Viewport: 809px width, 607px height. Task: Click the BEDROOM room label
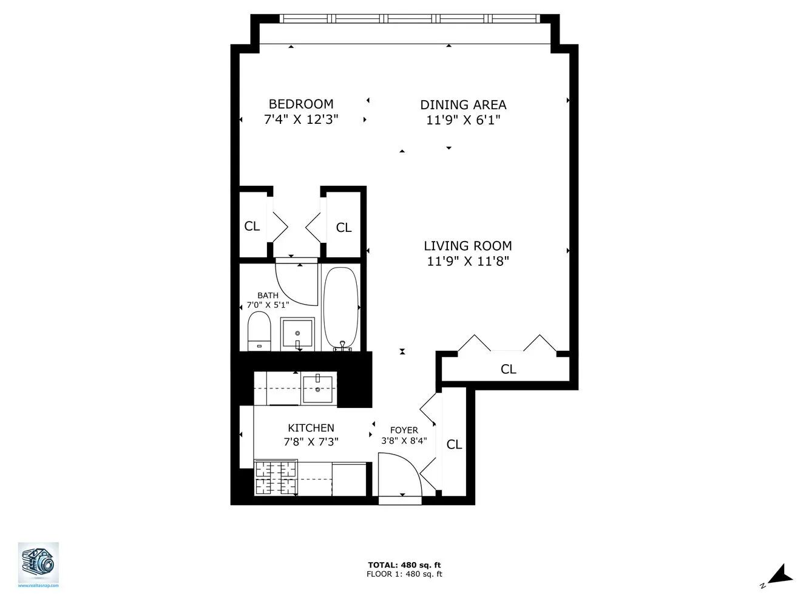click(301, 104)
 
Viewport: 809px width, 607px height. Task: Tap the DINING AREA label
click(463, 105)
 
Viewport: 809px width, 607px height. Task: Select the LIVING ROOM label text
click(467, 246)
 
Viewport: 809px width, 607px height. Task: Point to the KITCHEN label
click(311, 428)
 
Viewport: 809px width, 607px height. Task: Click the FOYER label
click(404, 430)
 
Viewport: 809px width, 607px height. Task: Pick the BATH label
click(268, 296)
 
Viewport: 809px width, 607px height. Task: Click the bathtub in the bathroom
click(340, 308)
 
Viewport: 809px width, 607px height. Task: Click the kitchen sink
click(317, 388)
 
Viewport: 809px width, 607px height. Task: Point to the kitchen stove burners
click(276, 478)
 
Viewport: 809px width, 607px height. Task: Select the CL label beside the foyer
click(454, 444)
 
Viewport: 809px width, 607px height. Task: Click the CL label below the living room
click(508, 369)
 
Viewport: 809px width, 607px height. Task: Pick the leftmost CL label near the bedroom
click(252, 226)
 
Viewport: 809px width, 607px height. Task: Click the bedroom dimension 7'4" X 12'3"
click(301, 120)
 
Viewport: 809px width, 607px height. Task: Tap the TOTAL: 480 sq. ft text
click(404, 565)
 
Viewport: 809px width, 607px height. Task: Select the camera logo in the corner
click(38, 563)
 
